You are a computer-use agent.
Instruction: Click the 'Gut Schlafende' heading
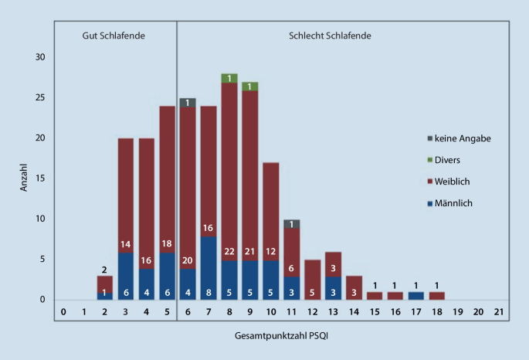click(114, 36)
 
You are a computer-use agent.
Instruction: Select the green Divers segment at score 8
click(229, 78)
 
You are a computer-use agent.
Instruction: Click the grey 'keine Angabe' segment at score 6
click(187, 103)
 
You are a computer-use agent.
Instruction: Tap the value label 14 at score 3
click(126, 245)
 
